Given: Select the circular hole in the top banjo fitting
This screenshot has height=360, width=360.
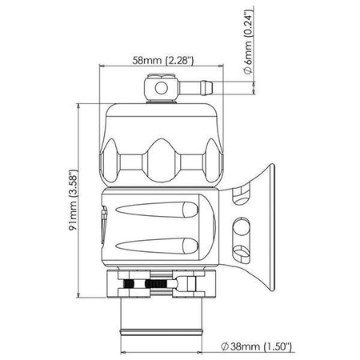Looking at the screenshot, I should coord(160,85).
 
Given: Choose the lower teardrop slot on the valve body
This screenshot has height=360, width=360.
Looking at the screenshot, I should coord(157,246).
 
